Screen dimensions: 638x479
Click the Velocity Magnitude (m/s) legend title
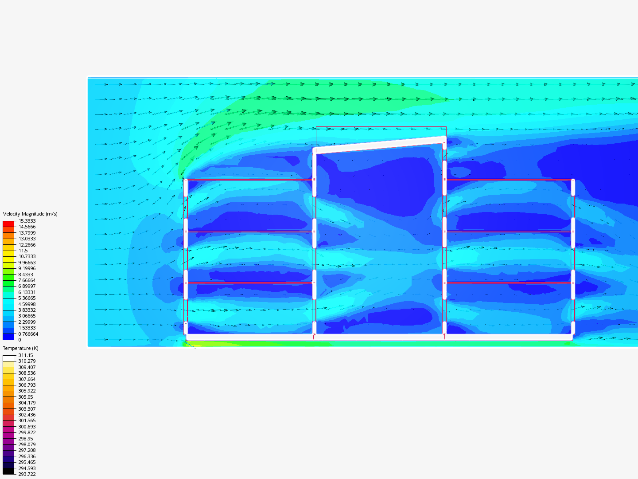pos(30,214)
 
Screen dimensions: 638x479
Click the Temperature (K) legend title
pos(21,348)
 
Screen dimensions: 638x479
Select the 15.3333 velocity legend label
pos(27,221)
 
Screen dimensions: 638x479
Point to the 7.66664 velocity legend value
pos(27,280)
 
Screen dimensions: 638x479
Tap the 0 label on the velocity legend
pos(20,340)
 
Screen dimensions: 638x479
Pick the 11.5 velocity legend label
pos(23,251)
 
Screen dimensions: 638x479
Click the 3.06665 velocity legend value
pos(27,316)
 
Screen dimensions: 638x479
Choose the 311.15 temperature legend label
pos(26,355)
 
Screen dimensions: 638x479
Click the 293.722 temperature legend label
pos(27,474)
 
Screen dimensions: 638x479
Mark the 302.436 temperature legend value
pos(27,415)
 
